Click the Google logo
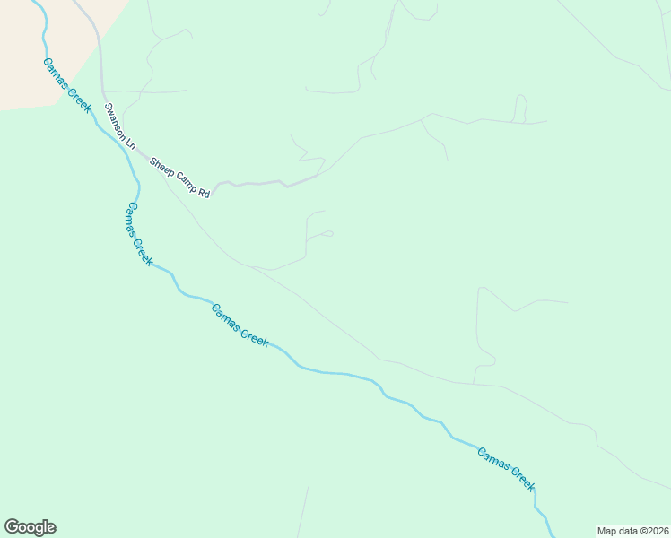(x=30, y=527)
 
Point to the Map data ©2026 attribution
(x=632, y=530)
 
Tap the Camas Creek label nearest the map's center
(x=240, y=325)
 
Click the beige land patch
(x=45, y=45)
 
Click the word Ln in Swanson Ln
(x=129, y=142)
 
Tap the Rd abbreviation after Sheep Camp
(x=204, y=192)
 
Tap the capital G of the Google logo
(x=12, y=527)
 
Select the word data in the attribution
(x=626, y=530)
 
